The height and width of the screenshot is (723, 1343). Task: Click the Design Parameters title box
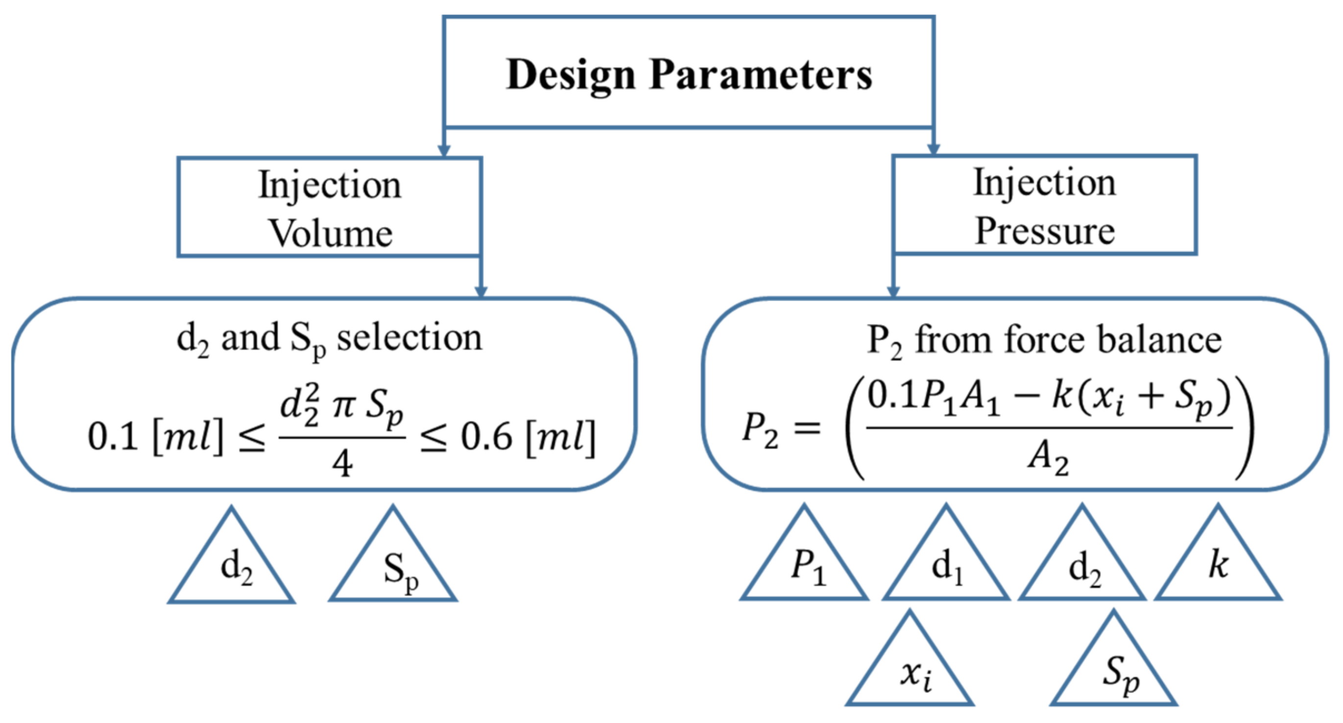pos(688,73)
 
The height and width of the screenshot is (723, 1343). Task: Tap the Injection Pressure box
pos(1044,205)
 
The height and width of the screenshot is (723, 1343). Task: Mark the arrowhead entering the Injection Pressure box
pos(933,148)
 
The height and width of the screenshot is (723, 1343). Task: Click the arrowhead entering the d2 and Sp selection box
pos(480,291)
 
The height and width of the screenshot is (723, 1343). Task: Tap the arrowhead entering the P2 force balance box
pos(893,291)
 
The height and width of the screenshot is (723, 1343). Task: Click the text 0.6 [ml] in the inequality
pos(527,437)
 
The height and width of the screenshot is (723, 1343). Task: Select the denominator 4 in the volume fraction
pos(342,463)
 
